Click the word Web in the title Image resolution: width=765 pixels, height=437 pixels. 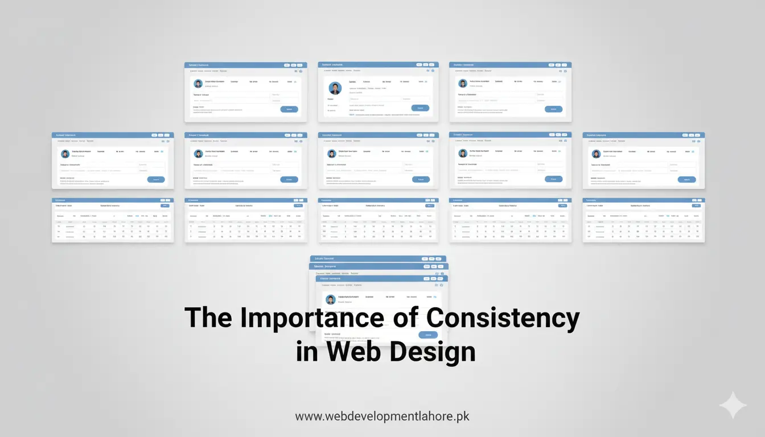coord(348,352)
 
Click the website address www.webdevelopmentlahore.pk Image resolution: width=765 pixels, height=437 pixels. coord(382,416)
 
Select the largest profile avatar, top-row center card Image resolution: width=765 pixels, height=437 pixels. coord(335,89)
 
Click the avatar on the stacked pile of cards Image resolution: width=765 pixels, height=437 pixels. coord(331,299)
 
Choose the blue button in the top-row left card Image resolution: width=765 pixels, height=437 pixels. coord(289,109)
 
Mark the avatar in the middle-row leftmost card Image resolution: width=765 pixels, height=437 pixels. coord(65,154)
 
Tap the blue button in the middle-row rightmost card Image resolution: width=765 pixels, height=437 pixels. coord(686,179)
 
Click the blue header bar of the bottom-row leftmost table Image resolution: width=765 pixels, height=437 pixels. coord(113,200)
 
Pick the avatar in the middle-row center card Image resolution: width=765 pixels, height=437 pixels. coord(331,154)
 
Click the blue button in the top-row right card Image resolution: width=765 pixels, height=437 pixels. coord(553,109)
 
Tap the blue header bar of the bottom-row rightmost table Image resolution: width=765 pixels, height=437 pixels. coord(643,200)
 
